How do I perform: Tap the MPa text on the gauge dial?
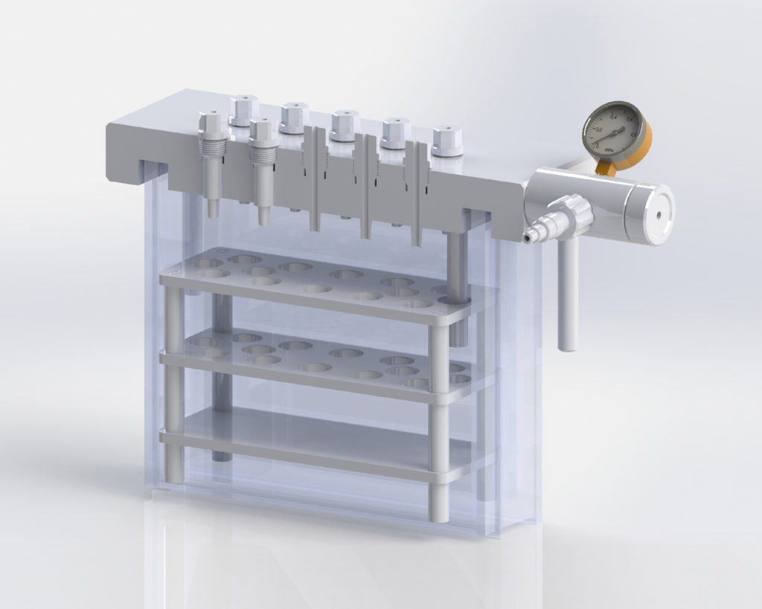pos(608,150)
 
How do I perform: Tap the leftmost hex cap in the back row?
pos(243,110)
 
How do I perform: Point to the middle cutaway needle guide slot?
pos(365,186)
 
